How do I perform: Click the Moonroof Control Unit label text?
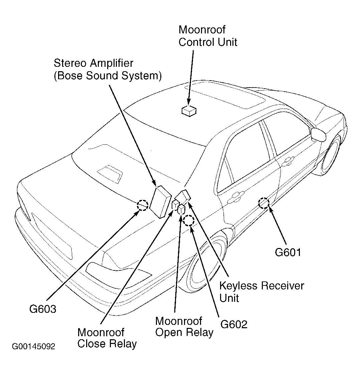[208, 36]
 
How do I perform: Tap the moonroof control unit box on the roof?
[189, 111]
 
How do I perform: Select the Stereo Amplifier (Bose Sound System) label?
[108, 69]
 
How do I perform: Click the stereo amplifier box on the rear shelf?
[161, 202]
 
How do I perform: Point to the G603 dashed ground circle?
[143, 205]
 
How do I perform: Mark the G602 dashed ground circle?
[189, 220]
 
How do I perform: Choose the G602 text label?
[234, 324]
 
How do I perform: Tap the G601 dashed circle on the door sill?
[263, 203]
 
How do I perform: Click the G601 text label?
[288, 252]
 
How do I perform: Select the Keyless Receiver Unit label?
[261, 292]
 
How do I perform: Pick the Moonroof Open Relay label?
[184, 327]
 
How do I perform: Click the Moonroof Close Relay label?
[107, 338]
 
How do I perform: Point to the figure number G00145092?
[33, 346]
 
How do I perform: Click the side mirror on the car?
[318, 134]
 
